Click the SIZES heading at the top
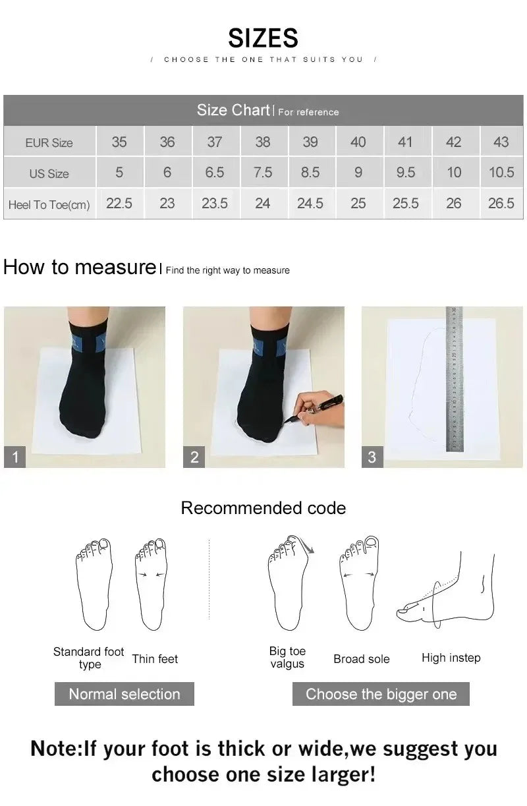point(263,38)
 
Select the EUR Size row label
point(49,142)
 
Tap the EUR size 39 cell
point(310,142)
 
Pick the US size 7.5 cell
point(262,173)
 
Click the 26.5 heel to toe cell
point(501,204)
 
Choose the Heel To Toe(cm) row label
point(49,204)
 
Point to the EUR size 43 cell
point(501,142)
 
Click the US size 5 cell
point(119,173)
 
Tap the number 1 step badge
point(15,457)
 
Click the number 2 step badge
point(194,457)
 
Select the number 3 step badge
point(372,457)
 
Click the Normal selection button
point(125,694)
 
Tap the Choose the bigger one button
point(381,694)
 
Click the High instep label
point(451,658)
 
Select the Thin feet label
point(155,658)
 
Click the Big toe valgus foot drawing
point(289,583)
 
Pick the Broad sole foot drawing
point(360,583)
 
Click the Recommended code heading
point(263,508)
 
